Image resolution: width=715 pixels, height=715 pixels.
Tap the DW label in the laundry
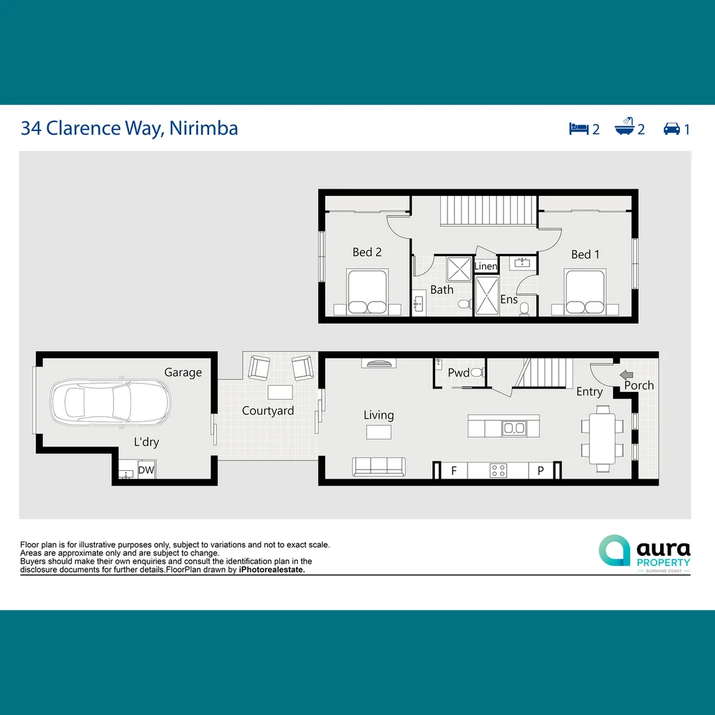146,470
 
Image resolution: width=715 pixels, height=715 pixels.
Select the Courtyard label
267,411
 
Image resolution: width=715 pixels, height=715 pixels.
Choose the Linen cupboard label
486,266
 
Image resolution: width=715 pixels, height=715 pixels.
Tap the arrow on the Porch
627,374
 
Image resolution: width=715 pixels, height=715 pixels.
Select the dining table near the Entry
602,438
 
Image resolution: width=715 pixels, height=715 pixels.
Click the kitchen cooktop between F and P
498,471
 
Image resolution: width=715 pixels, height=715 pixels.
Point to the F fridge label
454,471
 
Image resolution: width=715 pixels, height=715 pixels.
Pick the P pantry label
540,471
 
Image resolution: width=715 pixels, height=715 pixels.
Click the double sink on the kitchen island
514,428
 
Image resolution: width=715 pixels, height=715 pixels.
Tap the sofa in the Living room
379,467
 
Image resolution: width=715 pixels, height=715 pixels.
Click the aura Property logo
644,551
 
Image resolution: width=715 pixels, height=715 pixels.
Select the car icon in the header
672,128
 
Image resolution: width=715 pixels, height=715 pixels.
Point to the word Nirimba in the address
203,128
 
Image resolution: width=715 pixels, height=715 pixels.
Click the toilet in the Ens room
524,308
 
